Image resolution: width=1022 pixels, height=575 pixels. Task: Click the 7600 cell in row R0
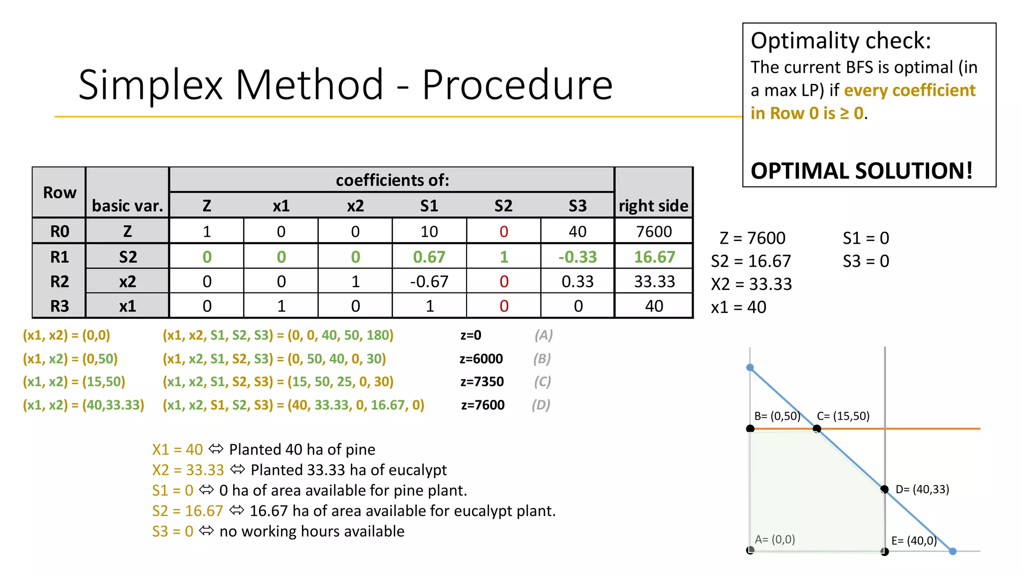[x=654, y=232]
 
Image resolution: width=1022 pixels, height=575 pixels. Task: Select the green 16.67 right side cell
[x=654, y=257]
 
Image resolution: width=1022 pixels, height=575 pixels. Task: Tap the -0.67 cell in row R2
[x=429, y=282]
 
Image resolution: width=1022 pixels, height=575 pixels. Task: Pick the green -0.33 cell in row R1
[x=577, y=257]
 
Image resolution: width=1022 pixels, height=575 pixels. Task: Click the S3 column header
[x=577, y=206]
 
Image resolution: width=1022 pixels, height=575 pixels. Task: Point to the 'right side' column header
[x=653, y=206]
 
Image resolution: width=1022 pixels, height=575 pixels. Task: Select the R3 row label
[x=59, y=306]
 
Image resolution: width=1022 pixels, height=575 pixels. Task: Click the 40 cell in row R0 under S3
[x=577, y=232]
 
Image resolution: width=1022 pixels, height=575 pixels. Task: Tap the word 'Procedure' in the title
[x=517, y=85]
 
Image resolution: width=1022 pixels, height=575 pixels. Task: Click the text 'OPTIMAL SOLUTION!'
[x=861, y=171]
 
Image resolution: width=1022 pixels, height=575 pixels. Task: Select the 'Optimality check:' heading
[x=841, y=41]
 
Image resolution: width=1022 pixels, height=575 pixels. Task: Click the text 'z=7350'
[x=482, y=382]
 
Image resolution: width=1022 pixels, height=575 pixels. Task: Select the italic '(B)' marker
[x=542, y=359]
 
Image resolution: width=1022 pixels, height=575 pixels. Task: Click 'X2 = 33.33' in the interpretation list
[x=188, y=470]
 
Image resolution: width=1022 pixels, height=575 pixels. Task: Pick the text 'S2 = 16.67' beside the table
[x=751, y=261]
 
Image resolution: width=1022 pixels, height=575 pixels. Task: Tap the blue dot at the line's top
[x=750, y=368]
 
